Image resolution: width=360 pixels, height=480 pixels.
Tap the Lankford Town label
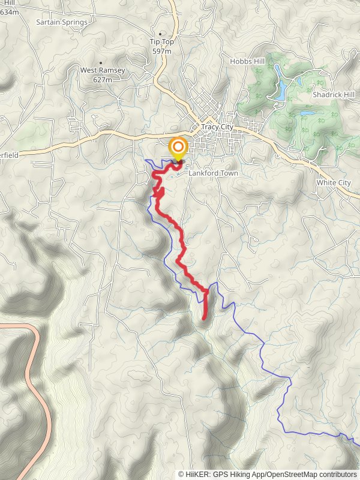(x=213, y=173)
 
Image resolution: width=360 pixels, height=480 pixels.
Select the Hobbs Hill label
(x=247, y=61)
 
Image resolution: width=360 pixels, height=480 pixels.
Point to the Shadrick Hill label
(x=334, y=95)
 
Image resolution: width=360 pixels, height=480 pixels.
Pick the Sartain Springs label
(x=61, y=22)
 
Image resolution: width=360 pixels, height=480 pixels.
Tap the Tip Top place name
(x=161, y=41)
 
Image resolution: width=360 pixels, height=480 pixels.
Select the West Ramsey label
(x=103, y=70)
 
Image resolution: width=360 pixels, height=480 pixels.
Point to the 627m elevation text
(x=103, y=79)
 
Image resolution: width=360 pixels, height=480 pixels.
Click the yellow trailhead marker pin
(x=178, y=148)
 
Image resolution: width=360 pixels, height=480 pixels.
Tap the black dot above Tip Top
(x=161, y=34)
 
